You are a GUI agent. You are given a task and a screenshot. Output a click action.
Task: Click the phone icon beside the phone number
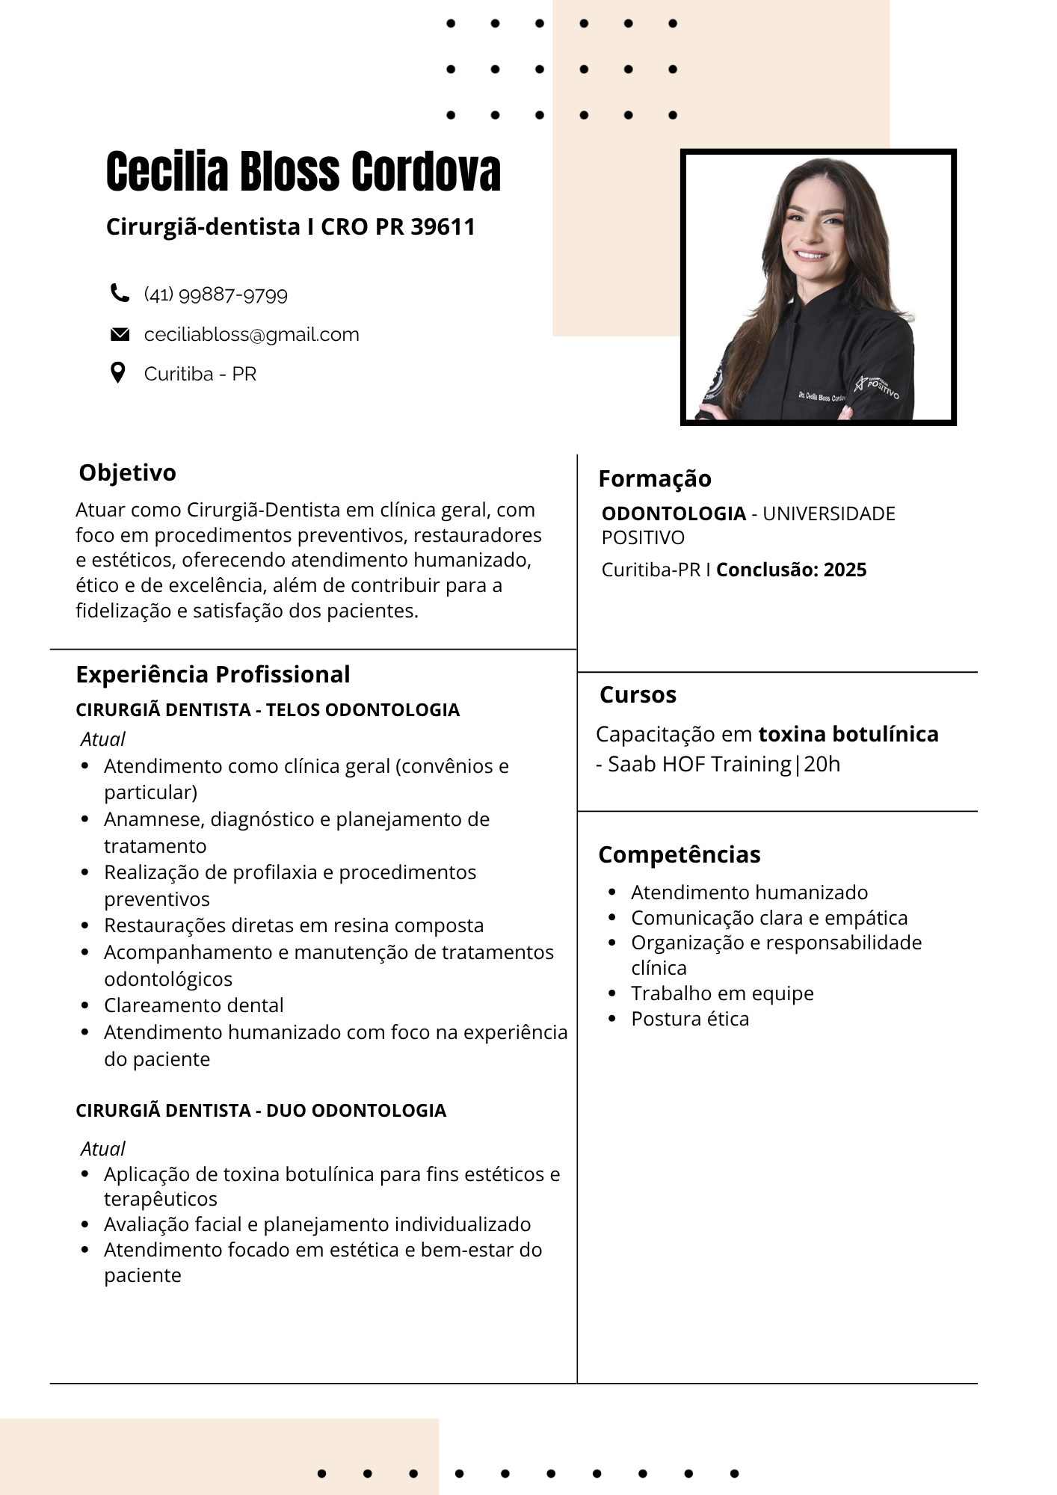point(120,293)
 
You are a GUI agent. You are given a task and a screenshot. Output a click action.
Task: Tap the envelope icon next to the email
point(120,334)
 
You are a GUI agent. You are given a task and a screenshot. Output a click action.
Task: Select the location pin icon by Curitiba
point(118,372)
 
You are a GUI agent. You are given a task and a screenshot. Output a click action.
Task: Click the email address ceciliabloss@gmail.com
point(251,334)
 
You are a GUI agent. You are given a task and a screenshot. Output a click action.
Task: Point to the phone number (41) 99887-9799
point(215,295)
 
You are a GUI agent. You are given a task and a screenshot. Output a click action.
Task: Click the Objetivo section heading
point(128,472)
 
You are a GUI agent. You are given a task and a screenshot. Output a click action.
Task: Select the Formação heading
point(655,478)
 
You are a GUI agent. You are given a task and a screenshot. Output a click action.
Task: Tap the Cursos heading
point(638,694)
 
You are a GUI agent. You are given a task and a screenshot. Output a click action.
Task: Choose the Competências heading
point(679,854)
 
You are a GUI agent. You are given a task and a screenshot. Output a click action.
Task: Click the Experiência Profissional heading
point(213,674)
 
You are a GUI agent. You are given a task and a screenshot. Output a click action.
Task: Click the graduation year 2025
point(845,570)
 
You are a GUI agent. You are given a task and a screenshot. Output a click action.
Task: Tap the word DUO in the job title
point(286,1110)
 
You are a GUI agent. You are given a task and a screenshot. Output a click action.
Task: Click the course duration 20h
point(822,764)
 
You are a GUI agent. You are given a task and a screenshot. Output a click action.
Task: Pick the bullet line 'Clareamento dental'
point(194,1005)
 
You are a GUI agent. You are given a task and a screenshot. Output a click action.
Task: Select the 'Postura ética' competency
point(689,1019)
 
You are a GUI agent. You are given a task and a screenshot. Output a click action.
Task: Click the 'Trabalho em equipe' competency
point(722,993)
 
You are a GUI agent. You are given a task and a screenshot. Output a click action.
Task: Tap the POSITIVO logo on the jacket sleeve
point(878,386)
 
